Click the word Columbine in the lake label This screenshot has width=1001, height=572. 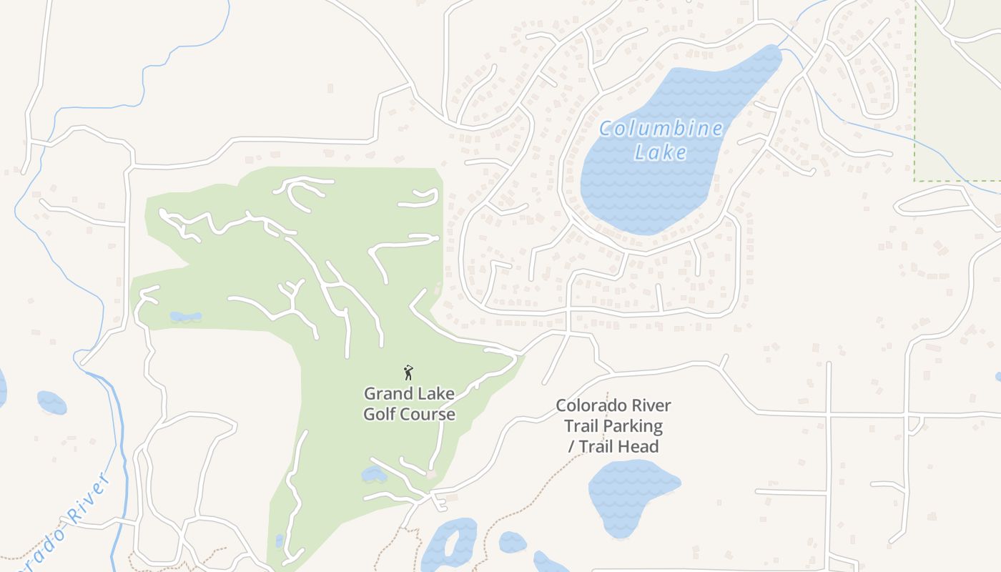tap(661, 129)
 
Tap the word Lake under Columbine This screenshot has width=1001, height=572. tap(661, 152)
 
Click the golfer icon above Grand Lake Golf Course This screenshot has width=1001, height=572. tap(408, 373)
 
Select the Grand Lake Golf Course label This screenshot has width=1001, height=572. tap(409, 404)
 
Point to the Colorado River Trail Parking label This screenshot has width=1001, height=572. tap(613, 416)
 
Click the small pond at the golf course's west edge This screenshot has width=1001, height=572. tap(185, 316)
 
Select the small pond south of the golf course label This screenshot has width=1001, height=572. tap(373, 474)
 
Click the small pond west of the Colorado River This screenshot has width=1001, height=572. tap(51, 403)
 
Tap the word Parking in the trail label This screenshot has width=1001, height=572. tap(632, 426)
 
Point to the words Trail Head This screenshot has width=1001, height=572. tap(618, 447)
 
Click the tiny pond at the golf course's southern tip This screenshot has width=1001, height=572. tap(279, 541)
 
